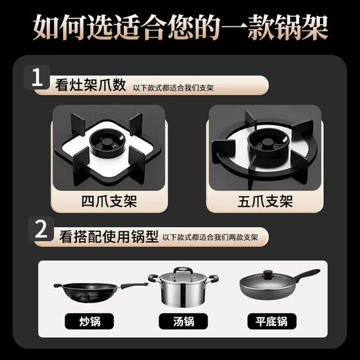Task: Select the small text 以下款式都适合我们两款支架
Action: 210,238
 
